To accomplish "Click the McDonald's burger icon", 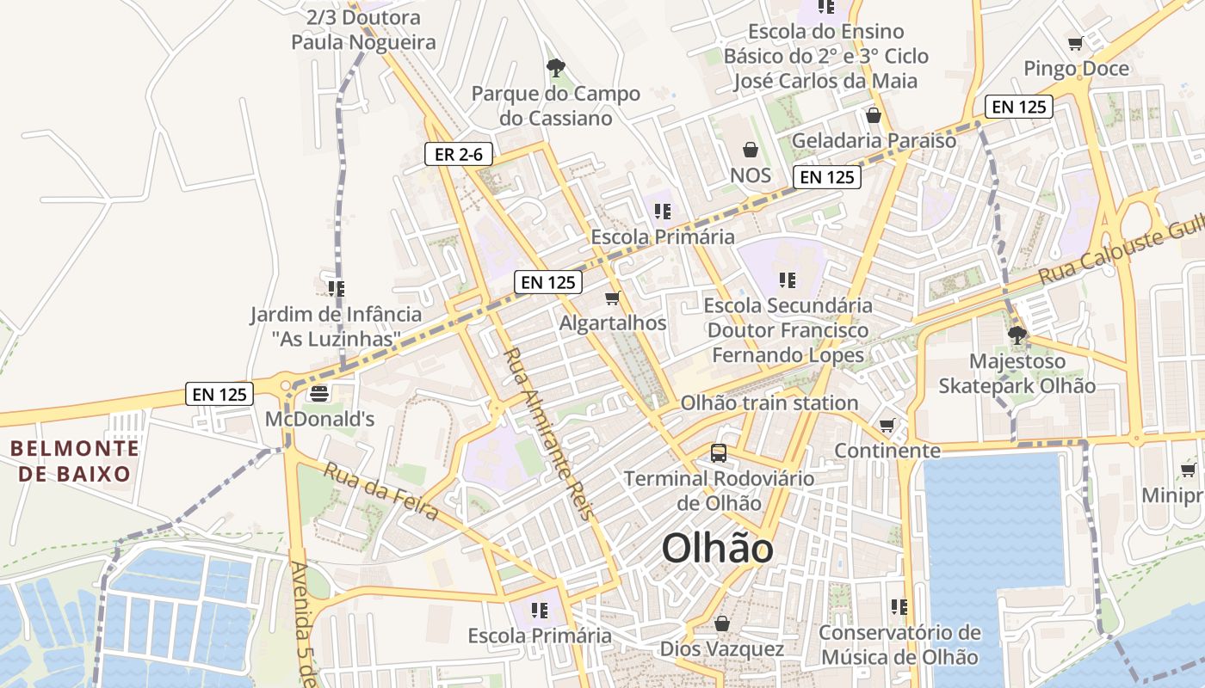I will [319, 394].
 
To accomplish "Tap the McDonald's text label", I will [319, 420].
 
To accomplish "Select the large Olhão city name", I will [717, 549].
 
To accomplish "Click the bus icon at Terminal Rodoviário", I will [718, 452].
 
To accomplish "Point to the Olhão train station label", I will [769, 402].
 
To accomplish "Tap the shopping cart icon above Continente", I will [887, 425].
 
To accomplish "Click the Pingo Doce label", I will [1076, 68].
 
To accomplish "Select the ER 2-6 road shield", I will [459, 155].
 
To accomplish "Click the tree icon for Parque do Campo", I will [556, 67].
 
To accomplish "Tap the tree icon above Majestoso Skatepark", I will [1017, 335].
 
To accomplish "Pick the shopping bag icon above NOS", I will [751, 150].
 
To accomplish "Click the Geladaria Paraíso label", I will [874, 140].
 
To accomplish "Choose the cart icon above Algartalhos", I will [613, 298].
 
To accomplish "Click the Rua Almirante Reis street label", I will [548, 433].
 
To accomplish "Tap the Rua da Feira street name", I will [380, 490].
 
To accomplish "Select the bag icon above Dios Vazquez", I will [722, 623].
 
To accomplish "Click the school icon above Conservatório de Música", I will [899, 607].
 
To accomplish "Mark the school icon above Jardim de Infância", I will [336, 289].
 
